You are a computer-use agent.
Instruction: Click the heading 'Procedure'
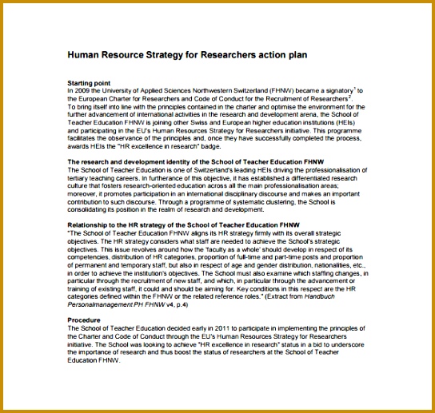pyautogui.click(x=85, y=319)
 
